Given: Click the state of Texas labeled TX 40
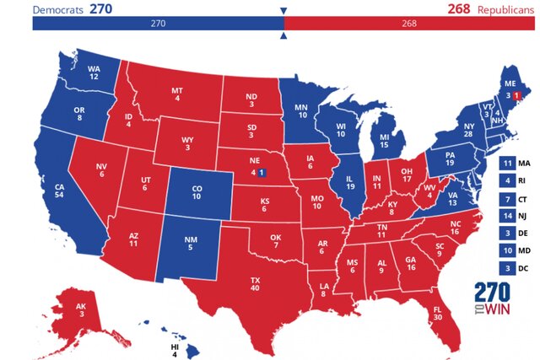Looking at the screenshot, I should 254,283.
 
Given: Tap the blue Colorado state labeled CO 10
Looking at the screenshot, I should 196,191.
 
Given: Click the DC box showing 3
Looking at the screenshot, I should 506,268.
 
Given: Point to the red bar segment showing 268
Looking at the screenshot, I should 411,24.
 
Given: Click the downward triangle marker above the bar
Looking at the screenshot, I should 283,11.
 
